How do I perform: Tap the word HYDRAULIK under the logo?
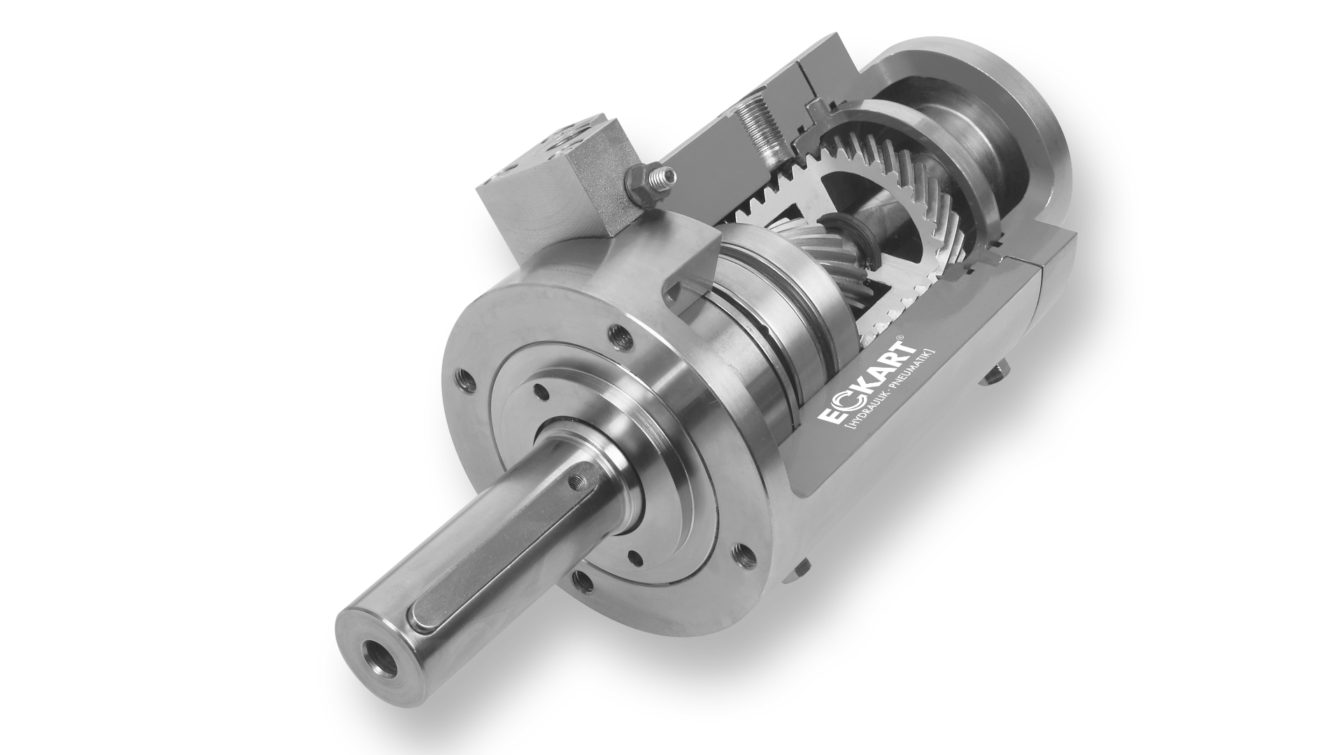tap(867, 412)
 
